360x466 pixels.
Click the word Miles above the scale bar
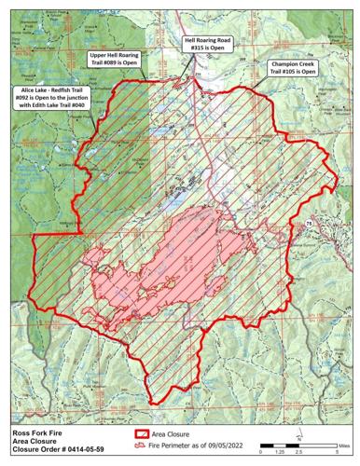click(345, 445)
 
